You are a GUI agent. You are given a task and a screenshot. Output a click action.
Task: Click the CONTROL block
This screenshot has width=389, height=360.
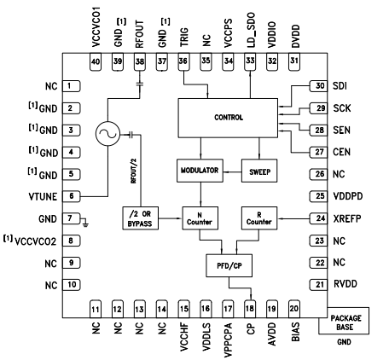pyautogui.click(x=228, y=118)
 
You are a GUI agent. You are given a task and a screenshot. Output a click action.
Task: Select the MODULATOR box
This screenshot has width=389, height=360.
pyautogui.click(x=200, y=171)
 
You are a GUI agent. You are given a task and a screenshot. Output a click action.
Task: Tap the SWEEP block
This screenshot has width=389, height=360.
pyautogui.click(x=259, y=171)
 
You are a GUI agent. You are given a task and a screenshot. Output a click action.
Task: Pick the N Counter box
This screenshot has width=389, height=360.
pyautogui.click(x=200, y=218)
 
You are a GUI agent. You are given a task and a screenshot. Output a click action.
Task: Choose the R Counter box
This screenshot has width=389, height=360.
pyautogui.click(x=259, y=218)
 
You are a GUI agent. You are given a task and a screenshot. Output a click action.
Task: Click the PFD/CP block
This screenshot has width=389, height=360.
pyautogui.click(x=229, y=265)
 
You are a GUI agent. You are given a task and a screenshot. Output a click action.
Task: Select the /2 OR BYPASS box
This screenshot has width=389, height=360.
pyautogui.click(x=141, y=218)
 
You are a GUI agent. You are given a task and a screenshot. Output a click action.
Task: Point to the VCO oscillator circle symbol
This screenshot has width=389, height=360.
pyautogui.click(x=107, y=134)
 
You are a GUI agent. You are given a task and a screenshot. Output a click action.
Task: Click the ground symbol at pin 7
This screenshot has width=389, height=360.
pyautogui.click(x=85, y=223)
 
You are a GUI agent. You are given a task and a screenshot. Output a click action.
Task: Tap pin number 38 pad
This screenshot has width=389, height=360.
pyautogui.click(x=140, y=61)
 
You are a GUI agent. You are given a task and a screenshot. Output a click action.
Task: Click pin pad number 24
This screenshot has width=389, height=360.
pyautogui.click(x=318, y=218)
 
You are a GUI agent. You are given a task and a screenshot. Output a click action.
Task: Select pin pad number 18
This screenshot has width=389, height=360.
pyautogui.click(x=250, y=309)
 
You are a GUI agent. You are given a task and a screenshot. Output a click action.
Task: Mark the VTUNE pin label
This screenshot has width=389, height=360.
pyautogui.click(x=43, y=196)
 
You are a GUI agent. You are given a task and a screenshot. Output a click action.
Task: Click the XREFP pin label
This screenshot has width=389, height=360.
pyautogui.click(x=347, y=218)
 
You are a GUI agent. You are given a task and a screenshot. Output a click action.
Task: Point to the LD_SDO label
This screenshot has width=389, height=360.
pyautogui.click(x=251, y=30)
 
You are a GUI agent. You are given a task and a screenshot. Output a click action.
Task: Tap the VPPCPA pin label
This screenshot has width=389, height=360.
pyautogui.click(x=228, y=340)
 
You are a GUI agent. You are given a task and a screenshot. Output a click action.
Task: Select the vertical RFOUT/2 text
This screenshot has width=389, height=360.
pyautogui.click(x=134, y=171)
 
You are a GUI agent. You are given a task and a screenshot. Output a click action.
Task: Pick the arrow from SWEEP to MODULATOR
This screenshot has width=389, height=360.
pyautogui.click(x=232, y=172)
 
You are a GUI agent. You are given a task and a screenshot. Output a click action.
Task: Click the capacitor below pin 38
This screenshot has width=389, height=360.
pyautogui.click(x=140, y=84)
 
